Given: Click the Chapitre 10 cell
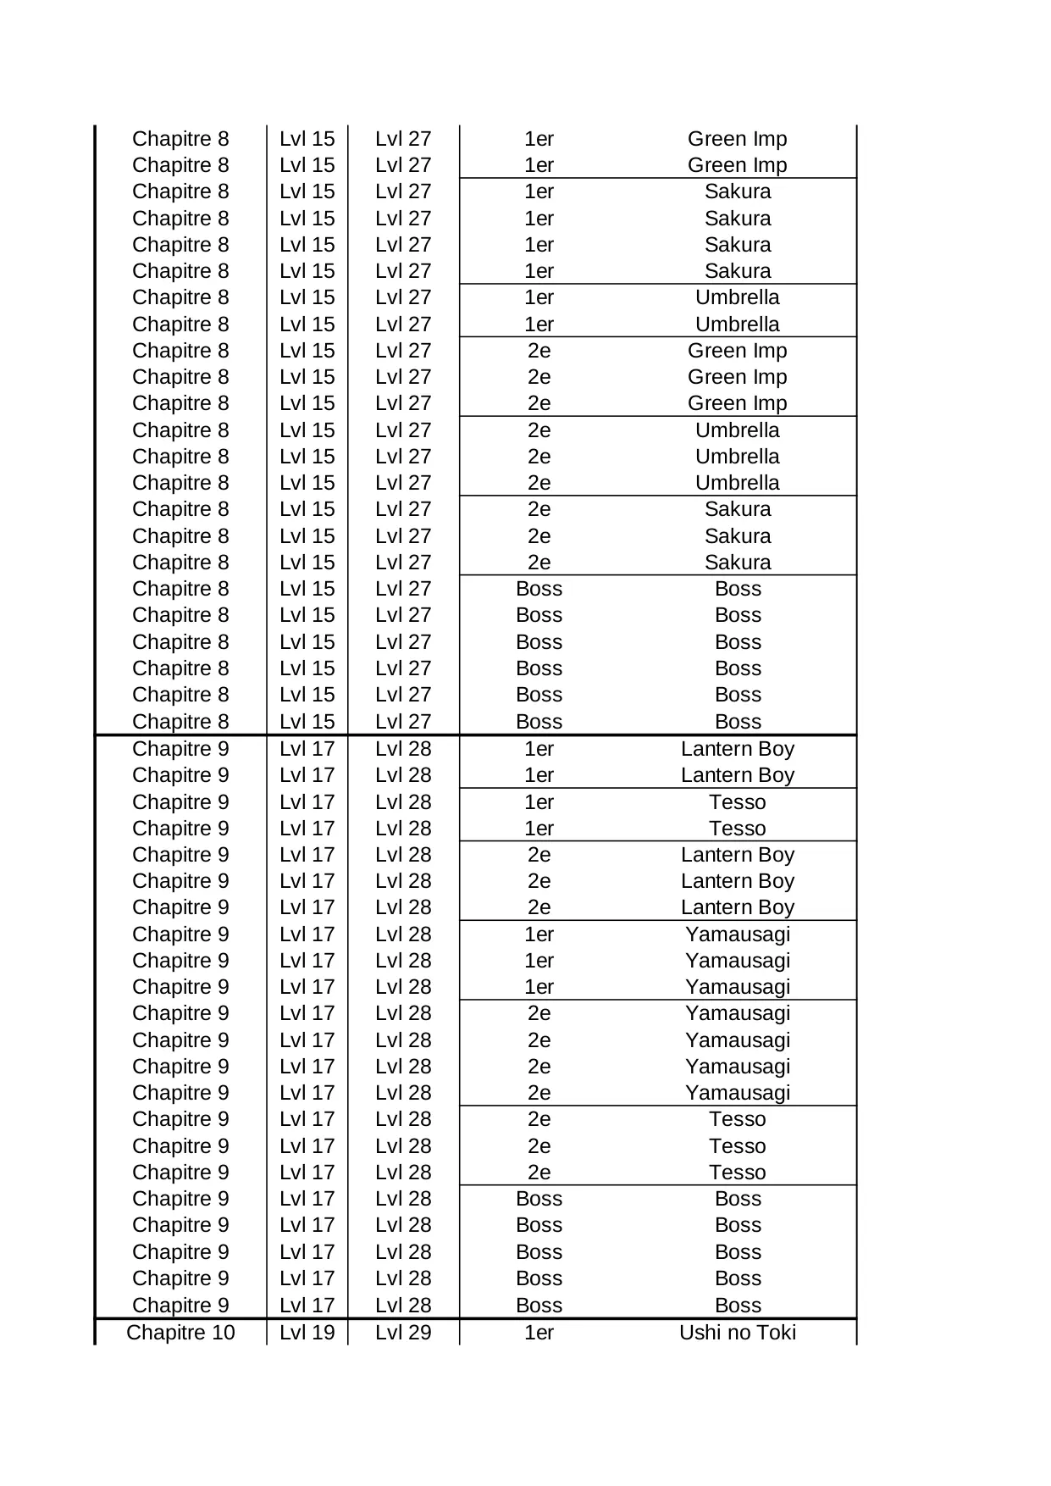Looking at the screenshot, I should pos(180,1333).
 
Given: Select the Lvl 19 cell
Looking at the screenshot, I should pos(307,1333).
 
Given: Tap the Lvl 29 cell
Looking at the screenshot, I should pos(403,1333).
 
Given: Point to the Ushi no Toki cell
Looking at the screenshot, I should pos(738,1333).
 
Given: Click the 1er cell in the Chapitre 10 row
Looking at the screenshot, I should pos(539,1333).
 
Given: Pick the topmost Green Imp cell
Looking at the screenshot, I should pos(738,139).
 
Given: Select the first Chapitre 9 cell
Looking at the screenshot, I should pos(180,749).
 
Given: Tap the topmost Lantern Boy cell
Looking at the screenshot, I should pos(738,749).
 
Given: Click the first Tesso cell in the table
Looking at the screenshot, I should pos(738,802).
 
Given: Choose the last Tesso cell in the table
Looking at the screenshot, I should pos(738,1173).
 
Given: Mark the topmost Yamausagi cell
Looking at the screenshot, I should pos(738,934).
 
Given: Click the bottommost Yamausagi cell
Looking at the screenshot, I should pos(738,1093).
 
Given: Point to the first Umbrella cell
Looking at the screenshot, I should pos(738,297).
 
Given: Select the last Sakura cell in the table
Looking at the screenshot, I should pos(738,563).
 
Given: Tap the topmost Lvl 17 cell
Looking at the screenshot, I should pos(307,749).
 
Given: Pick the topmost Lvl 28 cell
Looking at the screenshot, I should pos(403,749).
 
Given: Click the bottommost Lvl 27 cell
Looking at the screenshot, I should pos(403,722).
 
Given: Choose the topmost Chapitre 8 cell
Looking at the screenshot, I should pos(180,139).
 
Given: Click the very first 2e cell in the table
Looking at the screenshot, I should pos(539,351).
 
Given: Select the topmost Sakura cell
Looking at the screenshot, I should pos(738,191).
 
